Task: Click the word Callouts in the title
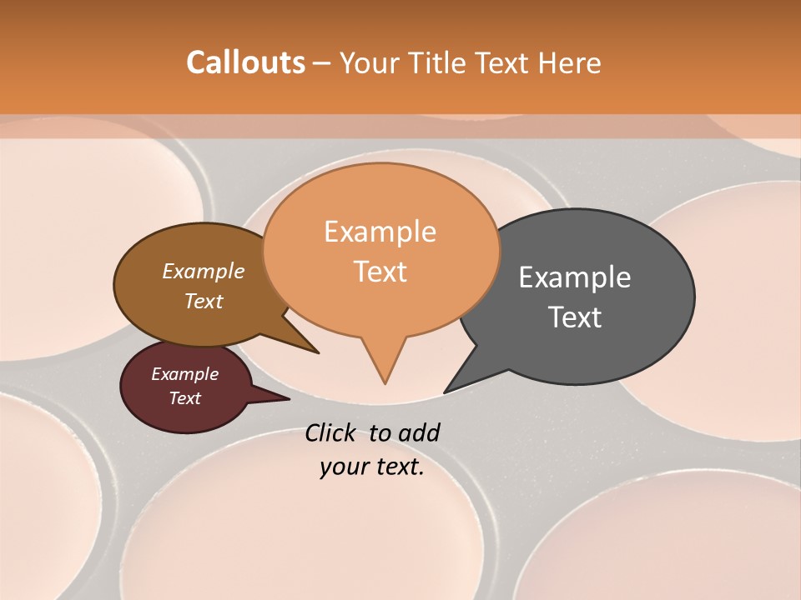tap(245, 62)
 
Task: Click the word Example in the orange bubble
tap(380, 232)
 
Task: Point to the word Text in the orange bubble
tap(380, 272)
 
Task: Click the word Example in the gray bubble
tap(575, 277)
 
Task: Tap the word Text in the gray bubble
tap(575, 317)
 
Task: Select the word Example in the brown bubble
tap(204, 272)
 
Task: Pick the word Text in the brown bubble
tap(204, 301)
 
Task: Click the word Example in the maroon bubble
tap(184, 374)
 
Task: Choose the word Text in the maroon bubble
tap(184, 398)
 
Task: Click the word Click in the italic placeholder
tap(330, 432)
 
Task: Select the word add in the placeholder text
tap(418, 432)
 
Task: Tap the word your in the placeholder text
tap(343, 467)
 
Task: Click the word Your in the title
tap(369, 62)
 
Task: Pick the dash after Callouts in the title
tap(322, 64)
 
